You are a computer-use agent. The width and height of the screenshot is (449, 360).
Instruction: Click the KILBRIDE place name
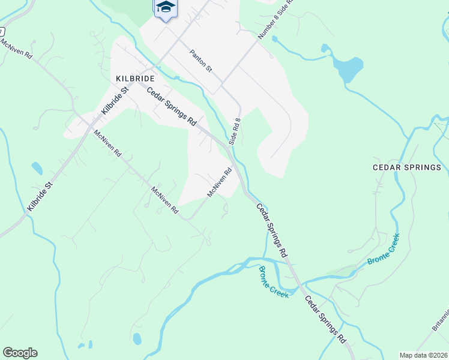[135, 79]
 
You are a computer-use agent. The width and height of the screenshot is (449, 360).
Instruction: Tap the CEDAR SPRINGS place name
[407, 167]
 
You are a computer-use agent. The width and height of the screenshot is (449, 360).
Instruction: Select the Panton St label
[201, 61]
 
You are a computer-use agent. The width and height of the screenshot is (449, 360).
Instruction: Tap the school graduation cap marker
[166, 8]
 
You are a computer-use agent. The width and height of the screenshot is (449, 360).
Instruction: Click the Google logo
[20, 353]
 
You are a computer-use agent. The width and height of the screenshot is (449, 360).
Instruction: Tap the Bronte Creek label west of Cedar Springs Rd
[274, 281]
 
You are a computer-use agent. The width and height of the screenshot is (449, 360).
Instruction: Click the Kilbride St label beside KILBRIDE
[115, 101]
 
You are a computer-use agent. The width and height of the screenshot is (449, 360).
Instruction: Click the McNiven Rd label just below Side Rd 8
[219, 182]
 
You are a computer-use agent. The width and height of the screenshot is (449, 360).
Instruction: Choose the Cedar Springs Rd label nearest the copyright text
[325, 319]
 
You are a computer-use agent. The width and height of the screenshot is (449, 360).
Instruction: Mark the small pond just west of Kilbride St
[37, 169]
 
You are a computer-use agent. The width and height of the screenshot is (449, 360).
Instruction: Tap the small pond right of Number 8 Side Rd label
[274, 39]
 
